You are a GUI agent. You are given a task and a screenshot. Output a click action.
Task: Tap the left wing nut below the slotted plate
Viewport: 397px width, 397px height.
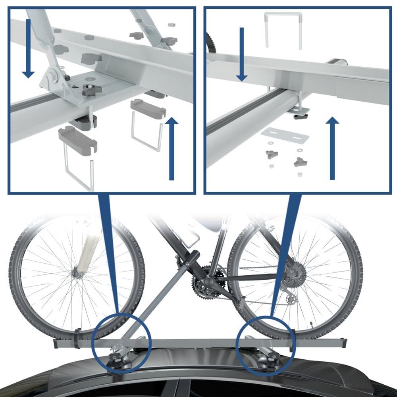click(x=272, y=154)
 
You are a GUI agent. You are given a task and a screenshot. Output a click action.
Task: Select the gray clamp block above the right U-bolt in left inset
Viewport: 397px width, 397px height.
click(x=148, y=108)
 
